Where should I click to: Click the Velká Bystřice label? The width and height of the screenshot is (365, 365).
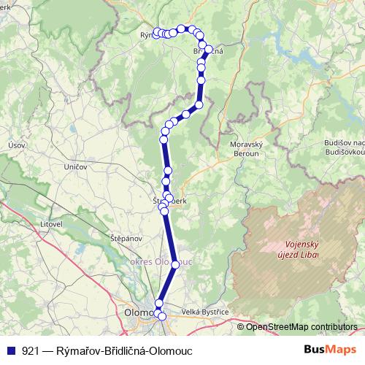205,312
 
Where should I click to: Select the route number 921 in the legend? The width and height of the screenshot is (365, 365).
31,351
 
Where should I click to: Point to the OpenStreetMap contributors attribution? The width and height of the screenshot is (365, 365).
301,327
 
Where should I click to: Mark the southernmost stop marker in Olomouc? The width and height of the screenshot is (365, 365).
162,316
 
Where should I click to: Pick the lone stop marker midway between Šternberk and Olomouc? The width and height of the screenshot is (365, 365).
175,264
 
